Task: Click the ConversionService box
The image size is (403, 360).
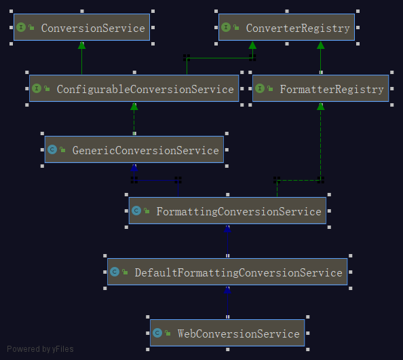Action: [x=81, y=27]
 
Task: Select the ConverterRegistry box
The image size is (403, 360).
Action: [x=286, y=27]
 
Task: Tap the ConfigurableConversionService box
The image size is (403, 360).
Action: [x=134, y=88]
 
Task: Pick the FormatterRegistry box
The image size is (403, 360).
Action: [x=320, y=88]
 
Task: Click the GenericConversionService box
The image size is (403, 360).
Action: [x=134, y=149]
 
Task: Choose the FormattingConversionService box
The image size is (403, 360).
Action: [x=227, y=211]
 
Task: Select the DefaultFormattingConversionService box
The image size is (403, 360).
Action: [x=227, y=272]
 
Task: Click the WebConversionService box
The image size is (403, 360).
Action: [x=227, y=333]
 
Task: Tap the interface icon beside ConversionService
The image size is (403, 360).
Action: [x=21, y=27]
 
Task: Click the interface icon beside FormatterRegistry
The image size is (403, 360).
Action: [x=260, y=88]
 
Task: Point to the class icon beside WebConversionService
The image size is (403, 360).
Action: [x=157, y=333]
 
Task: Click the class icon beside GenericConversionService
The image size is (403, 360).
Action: [x=52, y=149]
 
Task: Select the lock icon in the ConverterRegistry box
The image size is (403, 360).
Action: [x=236, y=27]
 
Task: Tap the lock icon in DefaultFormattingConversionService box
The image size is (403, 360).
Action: [x=125, y=272]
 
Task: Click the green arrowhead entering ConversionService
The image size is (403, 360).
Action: [x=81, y=45]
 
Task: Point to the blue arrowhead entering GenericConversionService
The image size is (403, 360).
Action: [x=134, y=167]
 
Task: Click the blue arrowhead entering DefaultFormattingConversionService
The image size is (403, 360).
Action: [x=227, y=289]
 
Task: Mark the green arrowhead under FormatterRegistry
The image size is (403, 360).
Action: [x=320, y=106]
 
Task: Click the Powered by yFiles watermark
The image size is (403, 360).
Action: [x=40, y=349]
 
